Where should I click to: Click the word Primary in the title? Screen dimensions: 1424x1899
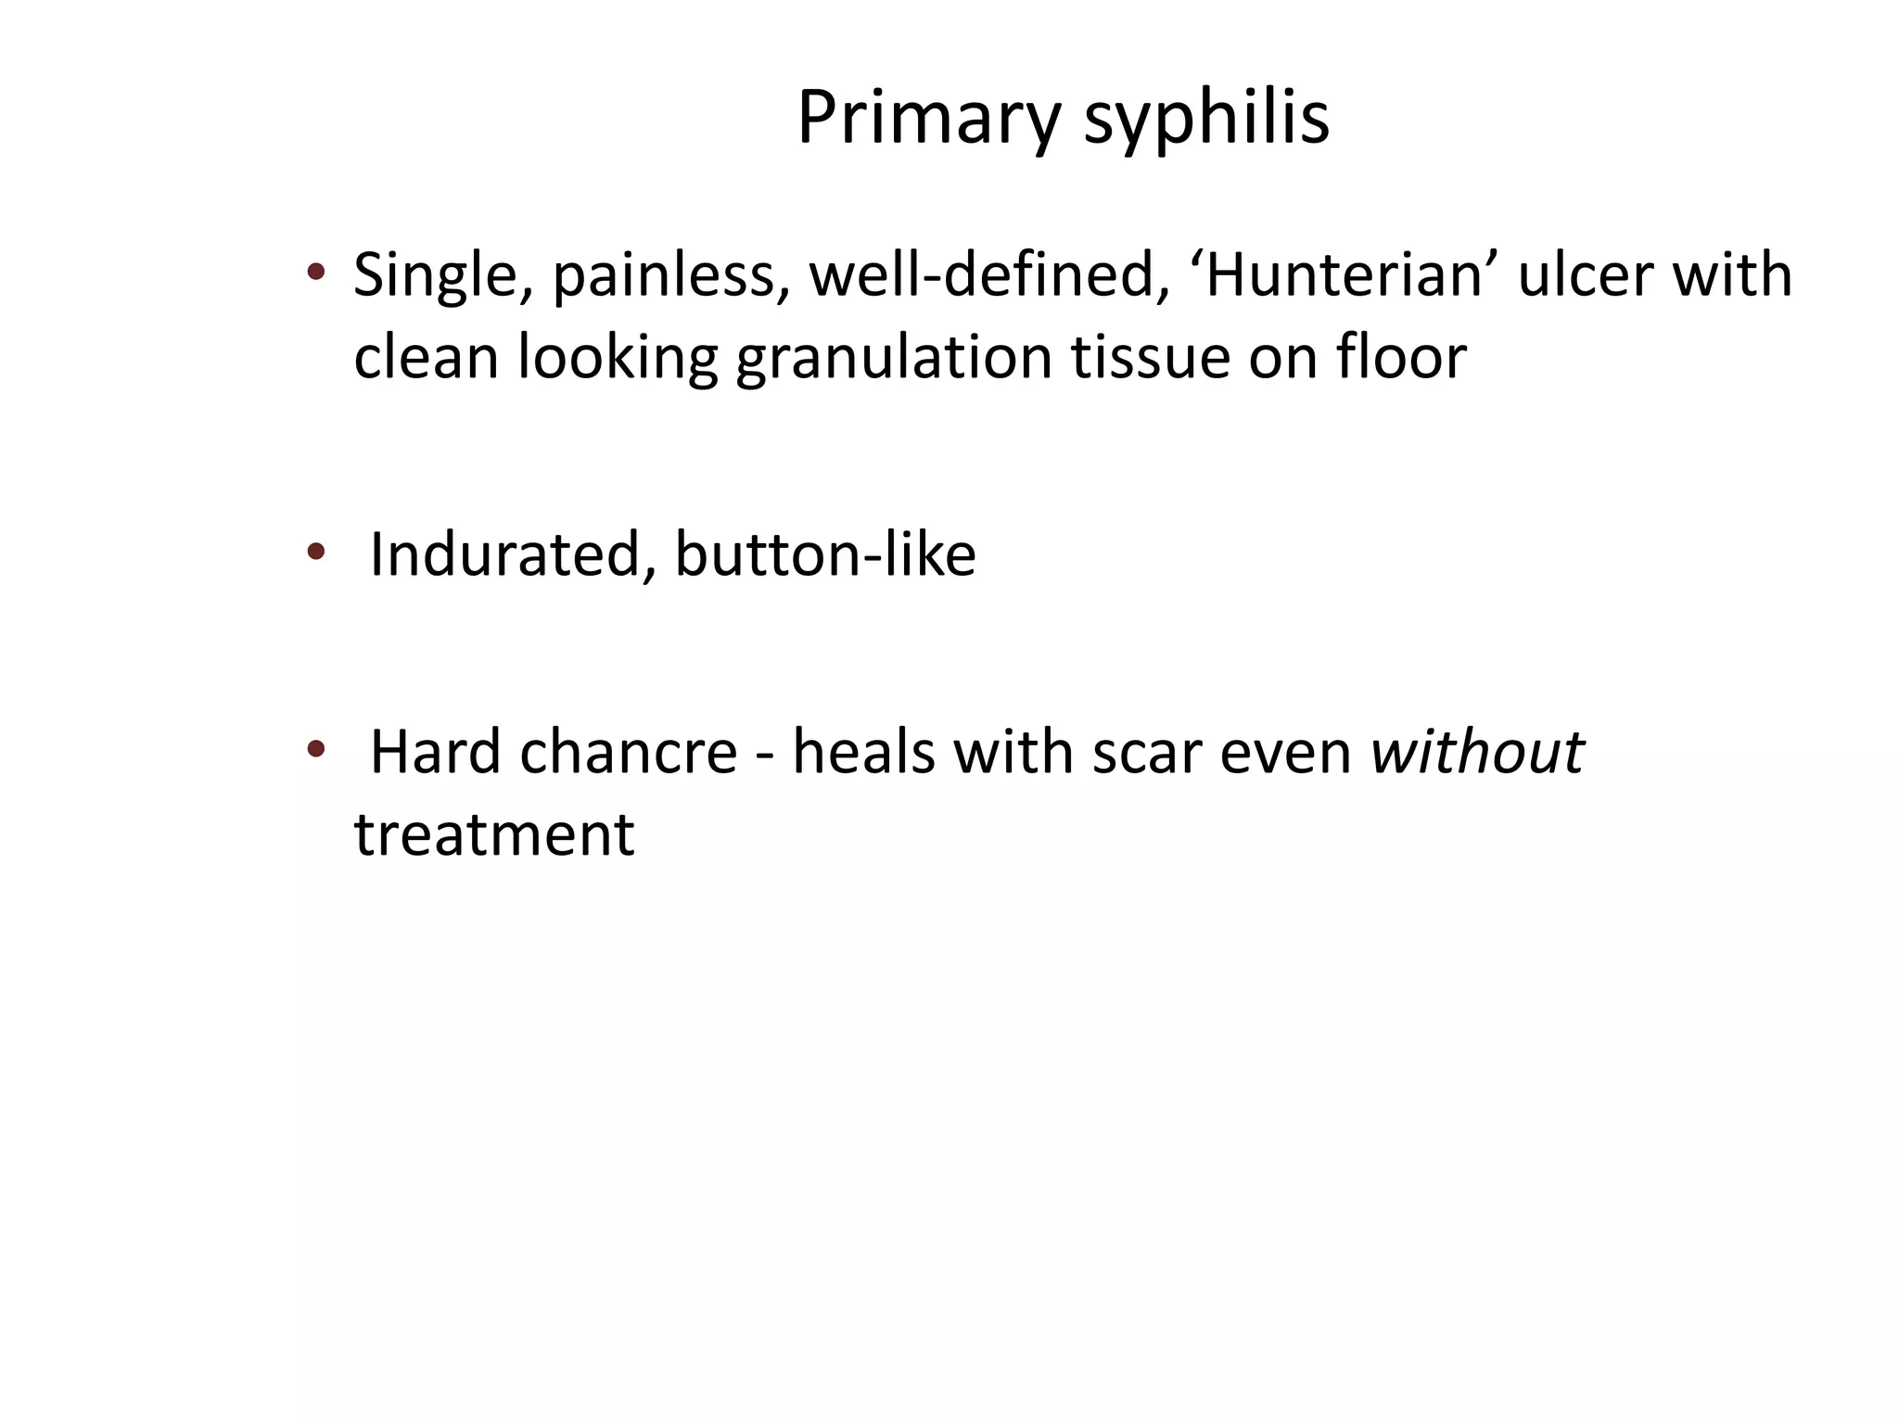927,119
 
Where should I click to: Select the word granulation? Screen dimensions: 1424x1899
894,358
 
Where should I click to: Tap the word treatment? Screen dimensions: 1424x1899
494,834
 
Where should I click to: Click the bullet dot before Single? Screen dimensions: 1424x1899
316,273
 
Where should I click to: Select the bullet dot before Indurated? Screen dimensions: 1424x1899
316,553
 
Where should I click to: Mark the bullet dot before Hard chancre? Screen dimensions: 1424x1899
316,748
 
